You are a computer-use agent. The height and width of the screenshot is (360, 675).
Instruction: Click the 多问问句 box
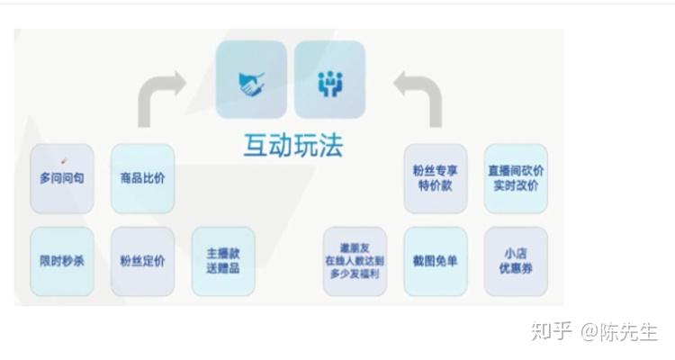coord(62,178)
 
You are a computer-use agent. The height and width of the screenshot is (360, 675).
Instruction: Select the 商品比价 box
coord(142,178)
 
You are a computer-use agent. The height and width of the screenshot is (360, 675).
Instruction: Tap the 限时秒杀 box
coord(62,261)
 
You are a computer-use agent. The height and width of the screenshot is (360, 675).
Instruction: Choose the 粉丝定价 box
coord(142,261)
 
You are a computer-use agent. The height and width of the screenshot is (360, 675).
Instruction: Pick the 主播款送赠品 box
coord(222,261)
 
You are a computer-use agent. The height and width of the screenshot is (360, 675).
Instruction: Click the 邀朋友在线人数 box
coord(355,261)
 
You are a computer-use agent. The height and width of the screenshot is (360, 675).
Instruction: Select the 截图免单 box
coord(435,261)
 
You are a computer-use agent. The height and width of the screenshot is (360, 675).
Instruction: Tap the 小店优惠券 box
coord(515,261)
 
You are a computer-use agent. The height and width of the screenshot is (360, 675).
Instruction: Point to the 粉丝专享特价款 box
coord(435,178)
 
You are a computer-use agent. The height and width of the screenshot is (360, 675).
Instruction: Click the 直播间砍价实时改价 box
coord(515,178)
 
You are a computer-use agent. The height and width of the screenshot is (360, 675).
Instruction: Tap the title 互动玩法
coord(292,146)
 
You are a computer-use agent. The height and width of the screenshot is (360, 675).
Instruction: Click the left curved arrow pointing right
coord(160,97)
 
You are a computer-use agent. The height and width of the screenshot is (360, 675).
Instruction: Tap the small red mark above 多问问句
coord(65,161)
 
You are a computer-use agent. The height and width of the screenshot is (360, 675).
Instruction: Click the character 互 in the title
coord(256,146)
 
